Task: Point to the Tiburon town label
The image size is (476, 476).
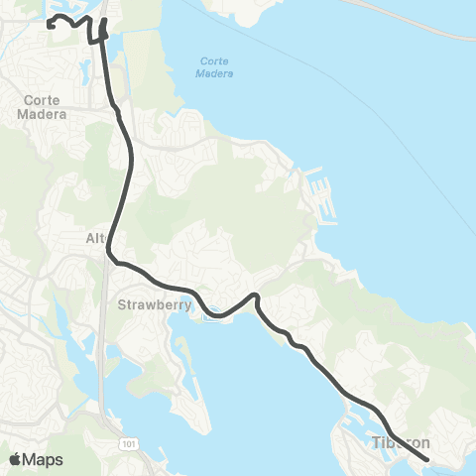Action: pyautogui.click(x=401, y=442)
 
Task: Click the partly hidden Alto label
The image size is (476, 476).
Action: pyautogui.click(x=94, y=239)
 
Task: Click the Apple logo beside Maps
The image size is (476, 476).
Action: pyautogui.click(x=15, y=459)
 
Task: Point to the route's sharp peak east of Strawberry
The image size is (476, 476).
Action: pyautogui.click(x=256, y=295)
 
